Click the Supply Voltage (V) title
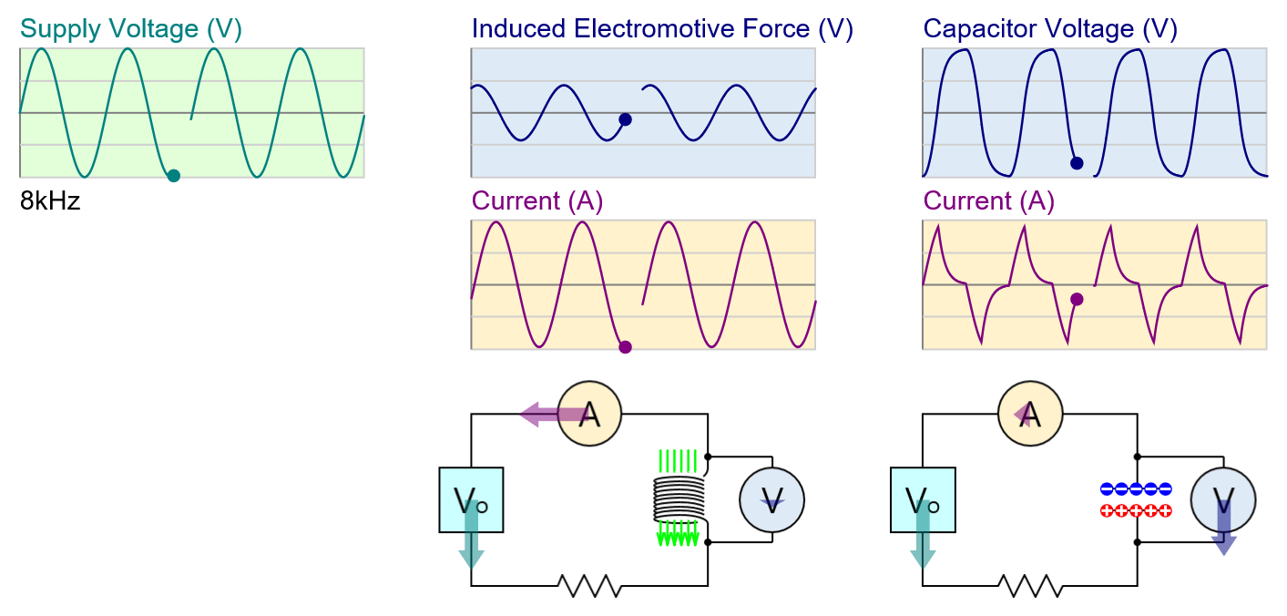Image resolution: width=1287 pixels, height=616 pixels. pos(131,29)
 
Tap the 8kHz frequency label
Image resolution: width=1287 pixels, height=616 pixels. pos(50,201)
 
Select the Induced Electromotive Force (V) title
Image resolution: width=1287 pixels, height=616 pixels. pos(662,29)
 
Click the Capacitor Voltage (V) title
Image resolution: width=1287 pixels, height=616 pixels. pos(1050,29)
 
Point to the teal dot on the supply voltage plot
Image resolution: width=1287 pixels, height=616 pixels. pos(173,176)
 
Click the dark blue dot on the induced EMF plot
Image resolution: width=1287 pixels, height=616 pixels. pos(625,119)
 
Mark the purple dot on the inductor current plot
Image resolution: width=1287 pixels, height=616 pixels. pos(625,347)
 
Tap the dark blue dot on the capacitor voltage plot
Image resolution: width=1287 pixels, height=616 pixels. pos(1077,163)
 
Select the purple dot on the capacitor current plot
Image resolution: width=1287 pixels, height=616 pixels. pos(1077,299)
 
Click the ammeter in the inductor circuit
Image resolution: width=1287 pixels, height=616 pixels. pos(589,415)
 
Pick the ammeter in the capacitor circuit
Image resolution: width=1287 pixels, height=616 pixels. pos(1030,415)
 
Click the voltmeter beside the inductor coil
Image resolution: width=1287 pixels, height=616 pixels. pos(771,499)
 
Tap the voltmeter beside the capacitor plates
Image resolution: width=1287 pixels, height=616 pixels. pos(1223,499)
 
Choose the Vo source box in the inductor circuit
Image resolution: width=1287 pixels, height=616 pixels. pos(471,499)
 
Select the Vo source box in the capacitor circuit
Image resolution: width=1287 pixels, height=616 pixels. pos(923,499)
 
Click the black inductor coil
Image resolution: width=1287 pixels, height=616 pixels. pos(679,498)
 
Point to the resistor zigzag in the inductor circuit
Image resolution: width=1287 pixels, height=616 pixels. pos(589,585)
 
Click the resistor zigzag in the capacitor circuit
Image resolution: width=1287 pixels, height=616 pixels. pos(1030,585)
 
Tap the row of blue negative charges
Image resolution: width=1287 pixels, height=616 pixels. pos(1136,489)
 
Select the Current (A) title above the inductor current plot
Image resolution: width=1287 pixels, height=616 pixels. pos(537,201)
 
